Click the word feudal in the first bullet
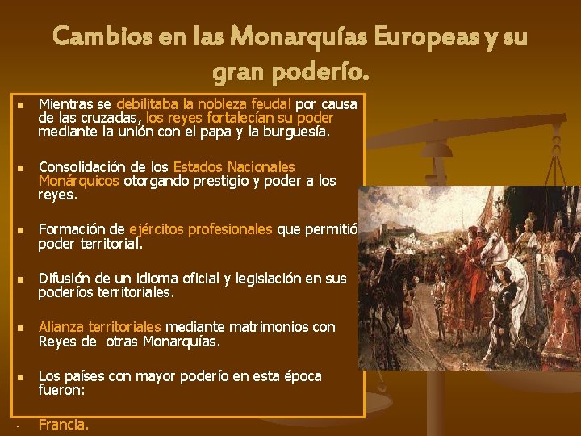tap(270, 104)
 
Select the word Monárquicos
tap(78, 181)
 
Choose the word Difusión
tap(65, 279)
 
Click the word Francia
tap(63, 425)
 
